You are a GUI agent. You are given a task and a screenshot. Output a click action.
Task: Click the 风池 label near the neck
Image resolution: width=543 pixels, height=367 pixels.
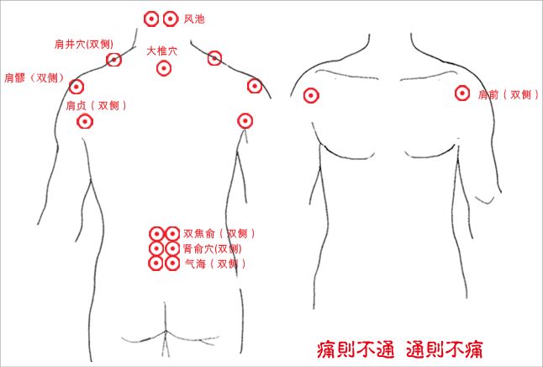tap(194, 19)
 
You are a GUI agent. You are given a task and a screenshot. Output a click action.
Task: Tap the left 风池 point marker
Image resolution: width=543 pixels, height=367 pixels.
tap(151, 19)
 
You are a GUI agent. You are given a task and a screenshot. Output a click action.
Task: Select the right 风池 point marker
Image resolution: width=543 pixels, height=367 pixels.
tap(171, 19)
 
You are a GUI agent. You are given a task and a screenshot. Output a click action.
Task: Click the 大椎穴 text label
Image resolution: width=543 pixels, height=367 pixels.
tap(161, 51)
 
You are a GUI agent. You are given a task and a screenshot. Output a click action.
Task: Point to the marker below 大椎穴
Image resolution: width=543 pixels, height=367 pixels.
tap(164, 68)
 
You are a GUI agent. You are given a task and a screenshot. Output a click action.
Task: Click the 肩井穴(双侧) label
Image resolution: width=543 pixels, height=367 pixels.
tap(84, 44)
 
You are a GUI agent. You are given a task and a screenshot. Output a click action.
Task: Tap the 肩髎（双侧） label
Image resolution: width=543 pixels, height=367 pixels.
tap(34, 77)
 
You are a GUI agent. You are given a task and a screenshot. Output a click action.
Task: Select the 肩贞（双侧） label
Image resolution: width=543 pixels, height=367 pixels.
tap(96, 105)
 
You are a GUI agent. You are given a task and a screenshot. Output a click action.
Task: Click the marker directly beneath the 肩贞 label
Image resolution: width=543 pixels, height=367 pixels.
tap(85, 121)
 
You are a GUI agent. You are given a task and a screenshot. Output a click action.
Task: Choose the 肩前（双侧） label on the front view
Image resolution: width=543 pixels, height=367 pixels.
tap(509, 94)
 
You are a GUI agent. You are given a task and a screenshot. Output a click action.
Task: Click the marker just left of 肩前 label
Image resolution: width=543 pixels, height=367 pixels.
tap(462, 93)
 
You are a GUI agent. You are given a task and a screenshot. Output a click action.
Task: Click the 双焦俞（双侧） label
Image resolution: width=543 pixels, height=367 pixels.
tap(219, 233)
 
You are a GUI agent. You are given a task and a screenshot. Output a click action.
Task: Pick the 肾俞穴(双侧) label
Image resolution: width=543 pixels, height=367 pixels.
tap(213, 248)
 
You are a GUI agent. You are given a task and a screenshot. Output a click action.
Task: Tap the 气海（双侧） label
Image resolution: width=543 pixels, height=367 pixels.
tap(215, 264)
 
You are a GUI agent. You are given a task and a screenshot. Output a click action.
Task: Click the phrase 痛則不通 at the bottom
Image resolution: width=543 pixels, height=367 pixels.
tap(356, 349)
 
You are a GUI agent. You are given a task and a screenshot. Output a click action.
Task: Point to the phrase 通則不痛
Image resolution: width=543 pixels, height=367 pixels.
tap(445, 349)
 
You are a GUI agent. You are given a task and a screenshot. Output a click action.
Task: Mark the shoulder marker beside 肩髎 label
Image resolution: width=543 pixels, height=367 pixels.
tap(76, 87)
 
